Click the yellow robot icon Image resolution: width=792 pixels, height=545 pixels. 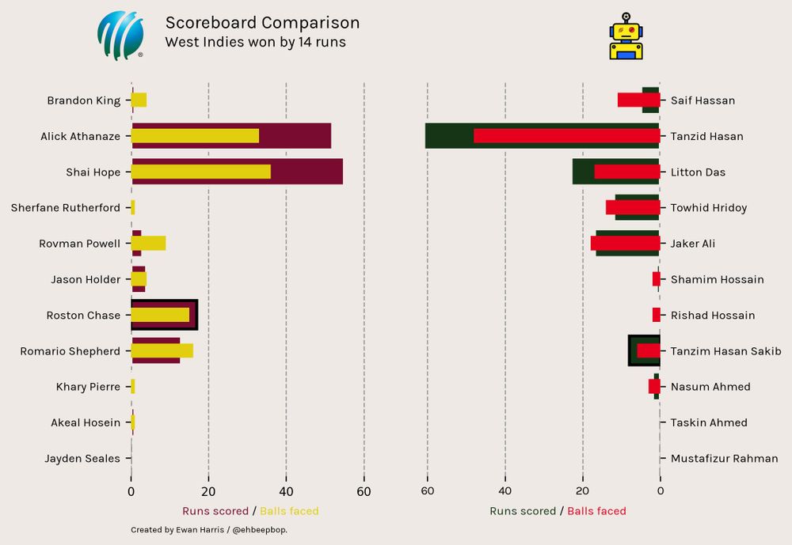626,36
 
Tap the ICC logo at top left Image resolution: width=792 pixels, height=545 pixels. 120,36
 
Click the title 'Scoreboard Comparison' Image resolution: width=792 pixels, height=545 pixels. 262,23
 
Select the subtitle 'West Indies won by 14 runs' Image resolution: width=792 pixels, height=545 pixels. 255,42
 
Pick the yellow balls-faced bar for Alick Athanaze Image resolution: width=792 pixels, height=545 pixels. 195,136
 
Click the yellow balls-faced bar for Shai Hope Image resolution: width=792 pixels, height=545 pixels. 201,172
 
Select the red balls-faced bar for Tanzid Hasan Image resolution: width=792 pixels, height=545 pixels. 566,136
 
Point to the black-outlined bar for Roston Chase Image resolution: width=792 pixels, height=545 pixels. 164,315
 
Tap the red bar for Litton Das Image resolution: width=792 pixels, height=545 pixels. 626,172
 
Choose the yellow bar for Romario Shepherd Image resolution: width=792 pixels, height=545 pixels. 162,350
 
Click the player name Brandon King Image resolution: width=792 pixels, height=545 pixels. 84,100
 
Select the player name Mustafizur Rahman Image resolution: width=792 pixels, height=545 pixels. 724,459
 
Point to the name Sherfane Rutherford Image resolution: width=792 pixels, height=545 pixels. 66,208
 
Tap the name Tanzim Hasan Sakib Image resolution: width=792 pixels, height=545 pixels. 725,351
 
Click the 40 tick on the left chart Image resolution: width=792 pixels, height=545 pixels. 286,491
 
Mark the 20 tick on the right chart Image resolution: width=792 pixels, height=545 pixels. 583,491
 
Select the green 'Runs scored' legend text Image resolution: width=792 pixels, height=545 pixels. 523,512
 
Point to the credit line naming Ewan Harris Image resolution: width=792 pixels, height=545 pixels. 209,530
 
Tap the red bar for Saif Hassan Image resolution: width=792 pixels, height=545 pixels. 638,100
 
